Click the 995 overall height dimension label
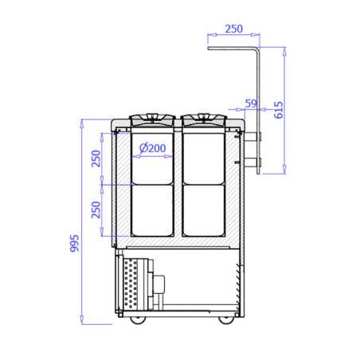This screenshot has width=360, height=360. click(x=74, y=243)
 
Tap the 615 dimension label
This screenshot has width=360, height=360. click(x=279, y=110)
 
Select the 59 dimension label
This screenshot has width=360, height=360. click(x=251, y=104)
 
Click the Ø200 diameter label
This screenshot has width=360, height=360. click(x=153, y=148)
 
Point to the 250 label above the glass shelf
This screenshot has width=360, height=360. click(x=234, y=29)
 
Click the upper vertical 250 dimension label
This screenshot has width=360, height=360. click(x=96, y=158)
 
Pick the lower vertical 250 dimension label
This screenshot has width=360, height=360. click(x=96, y=209)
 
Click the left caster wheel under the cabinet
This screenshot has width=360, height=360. click(x=138, y=320)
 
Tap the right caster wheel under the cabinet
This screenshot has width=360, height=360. click(x=226, y=320)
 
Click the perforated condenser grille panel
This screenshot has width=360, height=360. click(x=131, y=284)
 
